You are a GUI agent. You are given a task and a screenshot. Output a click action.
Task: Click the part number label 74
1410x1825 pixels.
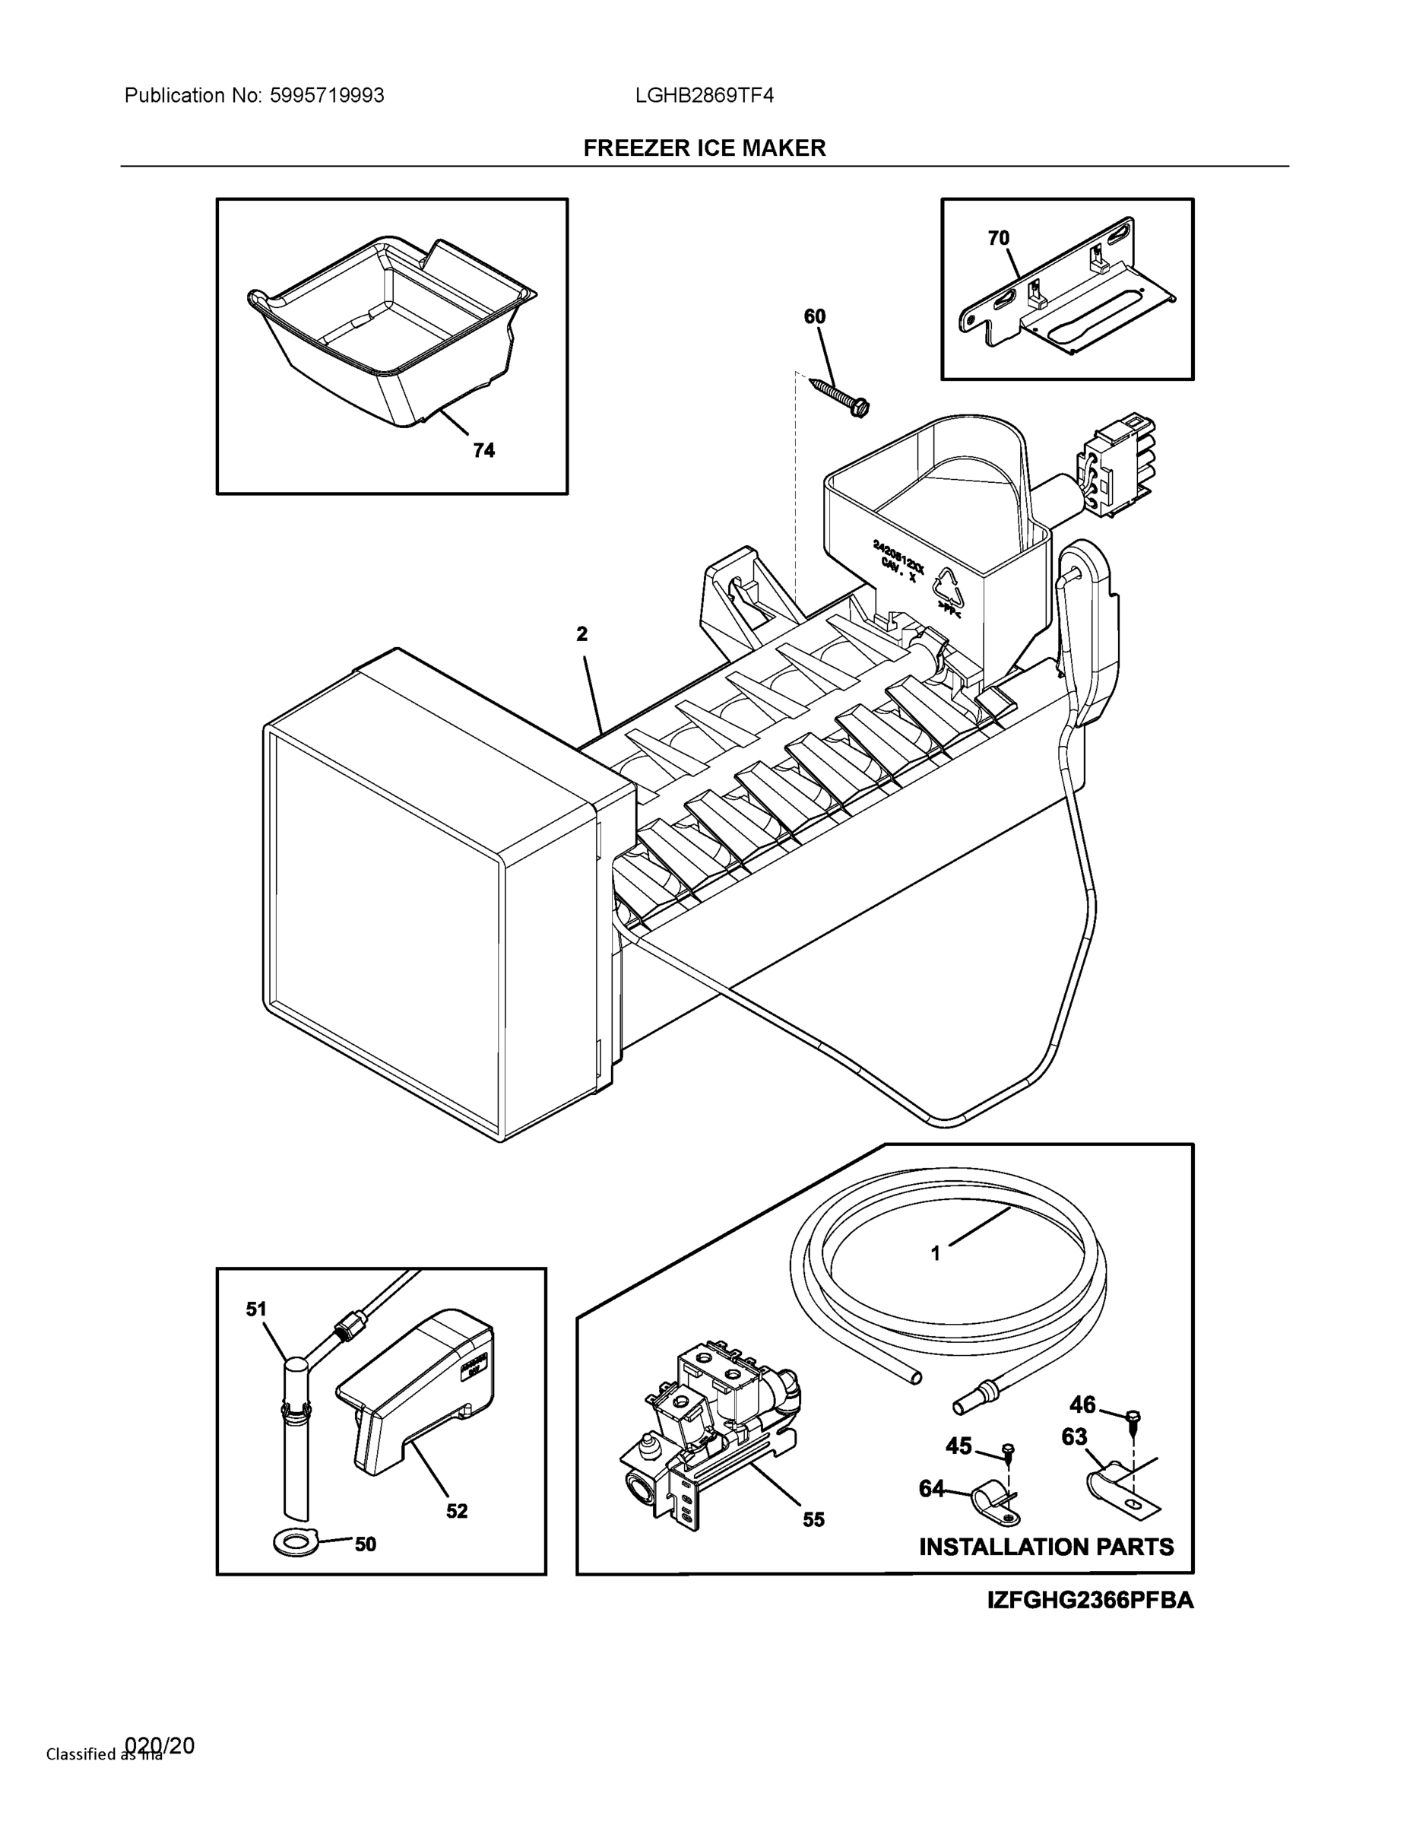point(483,450)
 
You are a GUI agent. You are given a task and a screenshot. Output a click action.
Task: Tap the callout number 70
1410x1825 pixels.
point(998,238)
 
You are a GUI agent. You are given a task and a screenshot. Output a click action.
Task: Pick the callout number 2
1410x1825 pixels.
point(581,634)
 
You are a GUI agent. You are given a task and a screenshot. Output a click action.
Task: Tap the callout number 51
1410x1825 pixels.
point(255,1309)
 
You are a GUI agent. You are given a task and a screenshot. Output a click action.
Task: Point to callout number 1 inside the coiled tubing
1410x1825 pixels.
point(936,1277)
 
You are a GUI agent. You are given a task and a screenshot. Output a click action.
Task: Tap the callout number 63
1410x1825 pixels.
point(1074,1436)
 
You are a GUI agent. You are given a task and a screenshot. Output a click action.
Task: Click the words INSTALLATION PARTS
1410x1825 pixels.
point(1046,1547)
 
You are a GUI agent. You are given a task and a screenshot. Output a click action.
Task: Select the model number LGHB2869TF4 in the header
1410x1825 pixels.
point(704,95)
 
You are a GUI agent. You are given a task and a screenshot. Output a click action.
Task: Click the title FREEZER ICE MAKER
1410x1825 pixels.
point(704,148)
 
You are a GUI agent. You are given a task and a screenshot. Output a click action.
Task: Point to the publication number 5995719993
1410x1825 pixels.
point(327,95)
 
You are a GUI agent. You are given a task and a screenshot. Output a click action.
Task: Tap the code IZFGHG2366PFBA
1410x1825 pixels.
point(1090,1600)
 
